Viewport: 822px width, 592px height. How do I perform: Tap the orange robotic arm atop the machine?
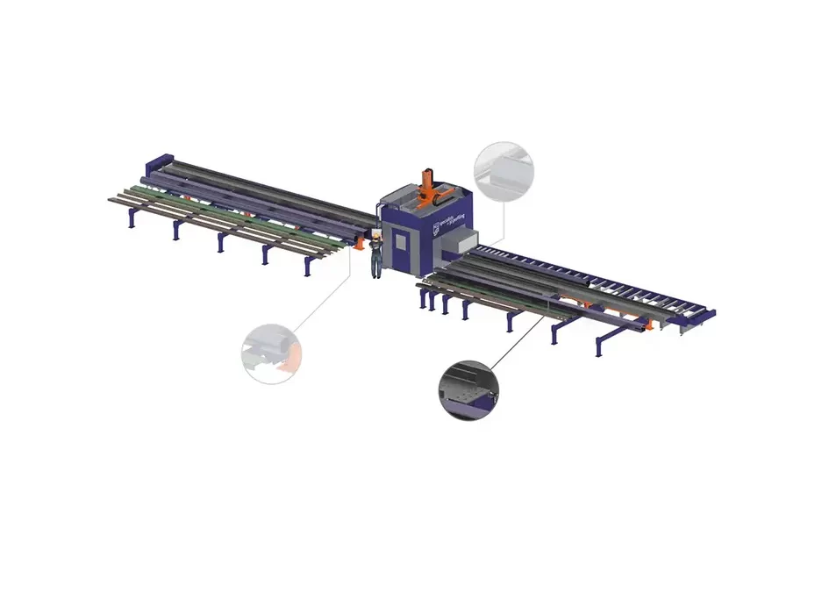click(x=429, y=187)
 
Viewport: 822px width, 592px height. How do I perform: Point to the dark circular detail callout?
click(x=467, y=390)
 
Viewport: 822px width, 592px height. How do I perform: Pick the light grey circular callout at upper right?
click(x=504, y=172)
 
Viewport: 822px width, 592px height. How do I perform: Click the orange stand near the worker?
click(x=361, y=246)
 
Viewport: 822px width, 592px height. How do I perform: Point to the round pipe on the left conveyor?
click(x=263, y=189)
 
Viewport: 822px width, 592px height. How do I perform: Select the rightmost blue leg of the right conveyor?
click(x=598, y=347)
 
